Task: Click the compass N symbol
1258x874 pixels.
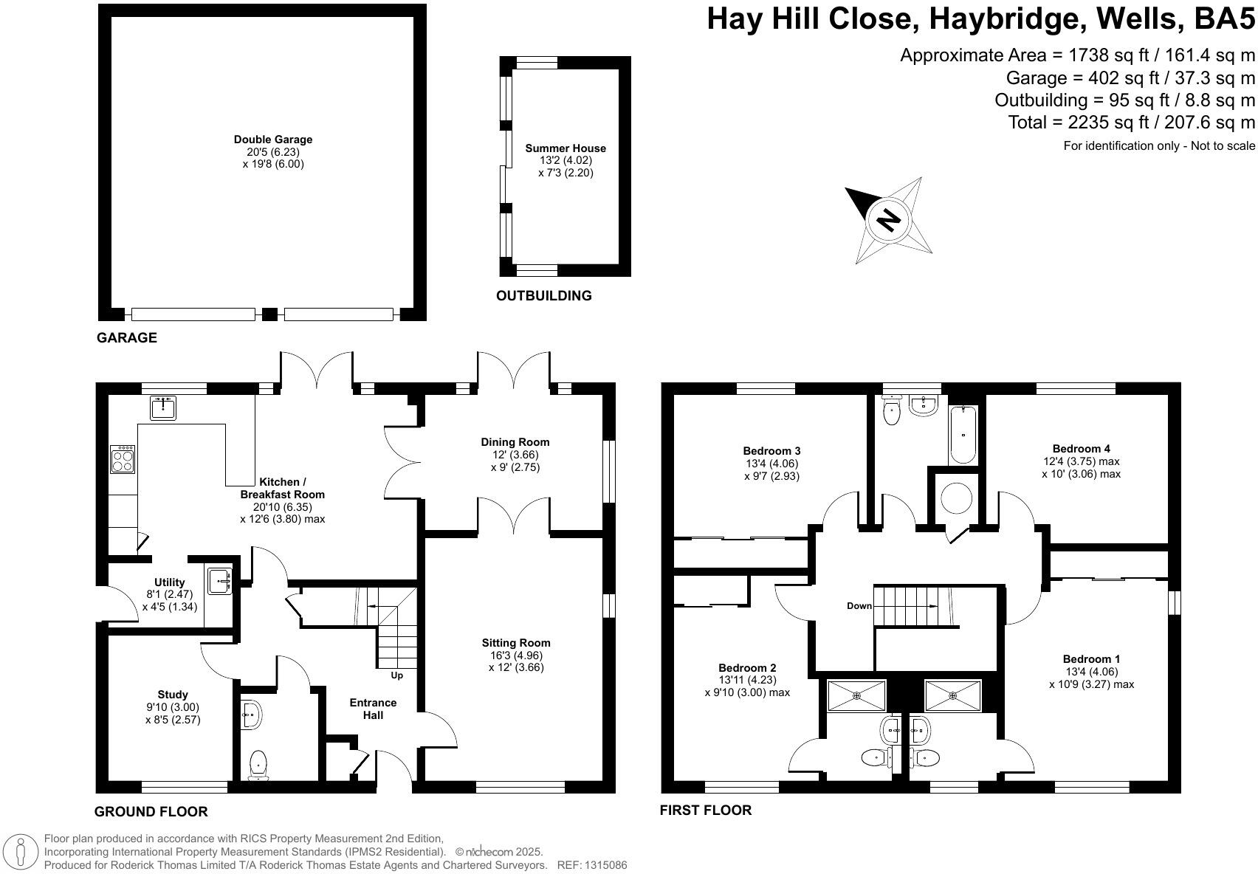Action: coord(890,220)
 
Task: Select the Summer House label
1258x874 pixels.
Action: coord(566,148)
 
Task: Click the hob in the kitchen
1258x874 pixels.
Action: coord(122,459)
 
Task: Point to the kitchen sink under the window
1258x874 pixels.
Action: coord(163,407)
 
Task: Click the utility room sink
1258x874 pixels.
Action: coord(220,580)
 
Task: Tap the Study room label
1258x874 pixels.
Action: coord(173,695)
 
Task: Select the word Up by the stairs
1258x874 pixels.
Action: coord(397,675)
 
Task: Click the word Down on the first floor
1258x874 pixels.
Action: coord(859,606)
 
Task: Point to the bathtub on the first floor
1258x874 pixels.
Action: coord(963,434)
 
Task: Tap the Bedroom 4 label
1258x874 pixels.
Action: coord(1081,449)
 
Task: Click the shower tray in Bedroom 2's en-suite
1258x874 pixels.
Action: coord(856,695)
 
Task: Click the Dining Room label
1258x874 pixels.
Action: coord(515,442)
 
